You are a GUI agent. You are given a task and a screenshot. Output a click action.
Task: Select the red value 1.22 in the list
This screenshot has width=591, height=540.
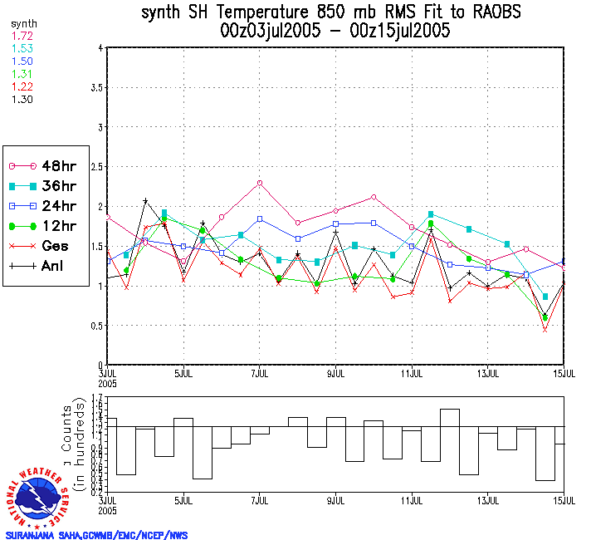pos(22,86)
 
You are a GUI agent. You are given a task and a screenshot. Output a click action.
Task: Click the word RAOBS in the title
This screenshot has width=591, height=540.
pos(491,13)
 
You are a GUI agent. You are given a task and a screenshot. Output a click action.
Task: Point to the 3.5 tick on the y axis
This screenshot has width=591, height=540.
pos(96,87)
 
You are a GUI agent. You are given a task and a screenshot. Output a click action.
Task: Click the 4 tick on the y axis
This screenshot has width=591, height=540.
pos(100,48)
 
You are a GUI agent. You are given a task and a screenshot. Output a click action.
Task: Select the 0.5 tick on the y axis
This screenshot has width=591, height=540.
pos(96,326)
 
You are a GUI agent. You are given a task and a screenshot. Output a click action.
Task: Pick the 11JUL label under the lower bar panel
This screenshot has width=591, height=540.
pos(413,502)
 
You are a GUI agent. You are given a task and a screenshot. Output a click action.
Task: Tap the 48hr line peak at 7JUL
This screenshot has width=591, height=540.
pos(260,183)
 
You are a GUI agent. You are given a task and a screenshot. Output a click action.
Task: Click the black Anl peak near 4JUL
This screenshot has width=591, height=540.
pos(145,201)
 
